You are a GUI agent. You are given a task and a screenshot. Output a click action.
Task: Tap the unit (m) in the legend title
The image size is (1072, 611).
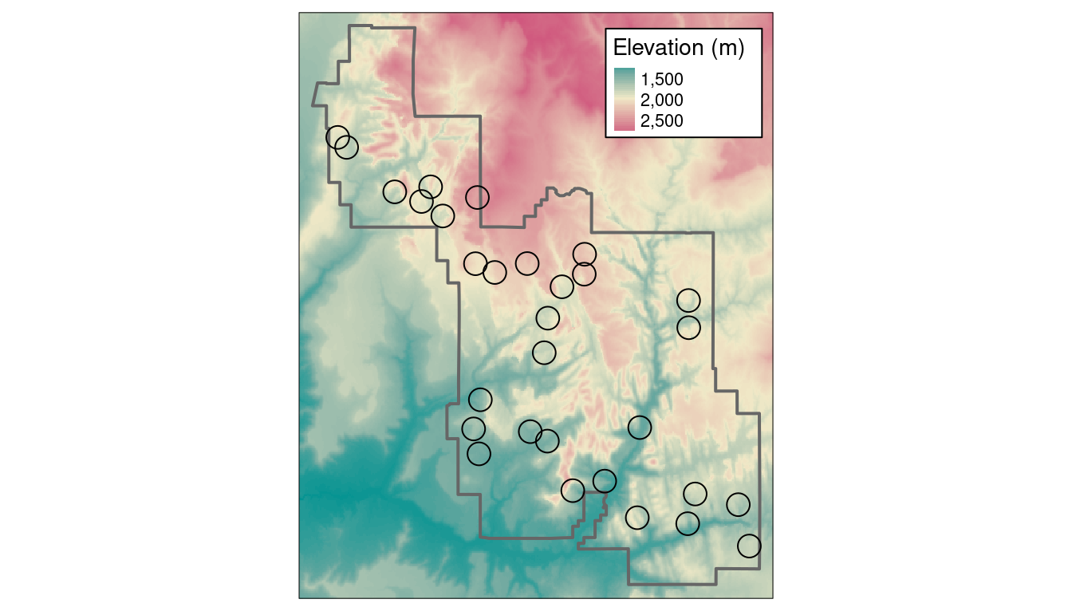[727, 49]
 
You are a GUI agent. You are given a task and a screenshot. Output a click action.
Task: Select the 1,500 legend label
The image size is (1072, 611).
[662, 81]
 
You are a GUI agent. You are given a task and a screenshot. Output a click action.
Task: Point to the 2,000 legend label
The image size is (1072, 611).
[662, 101]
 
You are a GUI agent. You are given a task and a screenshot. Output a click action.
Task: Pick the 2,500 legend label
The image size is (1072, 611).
[662, 120]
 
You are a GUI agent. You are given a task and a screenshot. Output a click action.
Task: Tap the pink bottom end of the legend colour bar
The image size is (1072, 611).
[625, 126]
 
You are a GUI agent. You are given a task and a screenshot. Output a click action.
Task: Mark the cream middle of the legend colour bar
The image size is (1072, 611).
[625, 99]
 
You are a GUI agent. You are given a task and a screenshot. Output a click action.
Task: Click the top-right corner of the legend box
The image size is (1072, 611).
[762, 30]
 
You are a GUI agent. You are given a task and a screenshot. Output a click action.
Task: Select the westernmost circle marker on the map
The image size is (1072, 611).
[337, 137]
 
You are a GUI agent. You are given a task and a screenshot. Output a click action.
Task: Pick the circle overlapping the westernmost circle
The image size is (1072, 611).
[346, 148]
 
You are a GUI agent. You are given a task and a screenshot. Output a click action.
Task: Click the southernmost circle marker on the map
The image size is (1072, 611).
[749, 546]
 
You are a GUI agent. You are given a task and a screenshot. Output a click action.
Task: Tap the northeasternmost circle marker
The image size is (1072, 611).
[688, 300]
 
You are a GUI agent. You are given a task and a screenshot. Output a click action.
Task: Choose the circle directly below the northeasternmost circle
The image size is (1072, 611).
[688, 327]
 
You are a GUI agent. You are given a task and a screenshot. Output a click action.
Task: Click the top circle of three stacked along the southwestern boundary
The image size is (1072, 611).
[480, 399]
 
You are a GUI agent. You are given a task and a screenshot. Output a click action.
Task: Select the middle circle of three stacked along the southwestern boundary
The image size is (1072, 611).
[474, 428]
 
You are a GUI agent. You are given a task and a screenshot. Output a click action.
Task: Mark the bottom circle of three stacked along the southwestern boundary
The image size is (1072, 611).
[479, 454]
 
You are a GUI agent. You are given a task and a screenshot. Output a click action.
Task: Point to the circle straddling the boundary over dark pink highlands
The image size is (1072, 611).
[477, 197]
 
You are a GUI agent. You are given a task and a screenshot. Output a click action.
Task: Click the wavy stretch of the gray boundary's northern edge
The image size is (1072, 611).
[567, 191]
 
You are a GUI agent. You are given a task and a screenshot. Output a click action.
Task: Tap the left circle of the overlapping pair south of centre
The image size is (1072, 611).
[530, 432]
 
